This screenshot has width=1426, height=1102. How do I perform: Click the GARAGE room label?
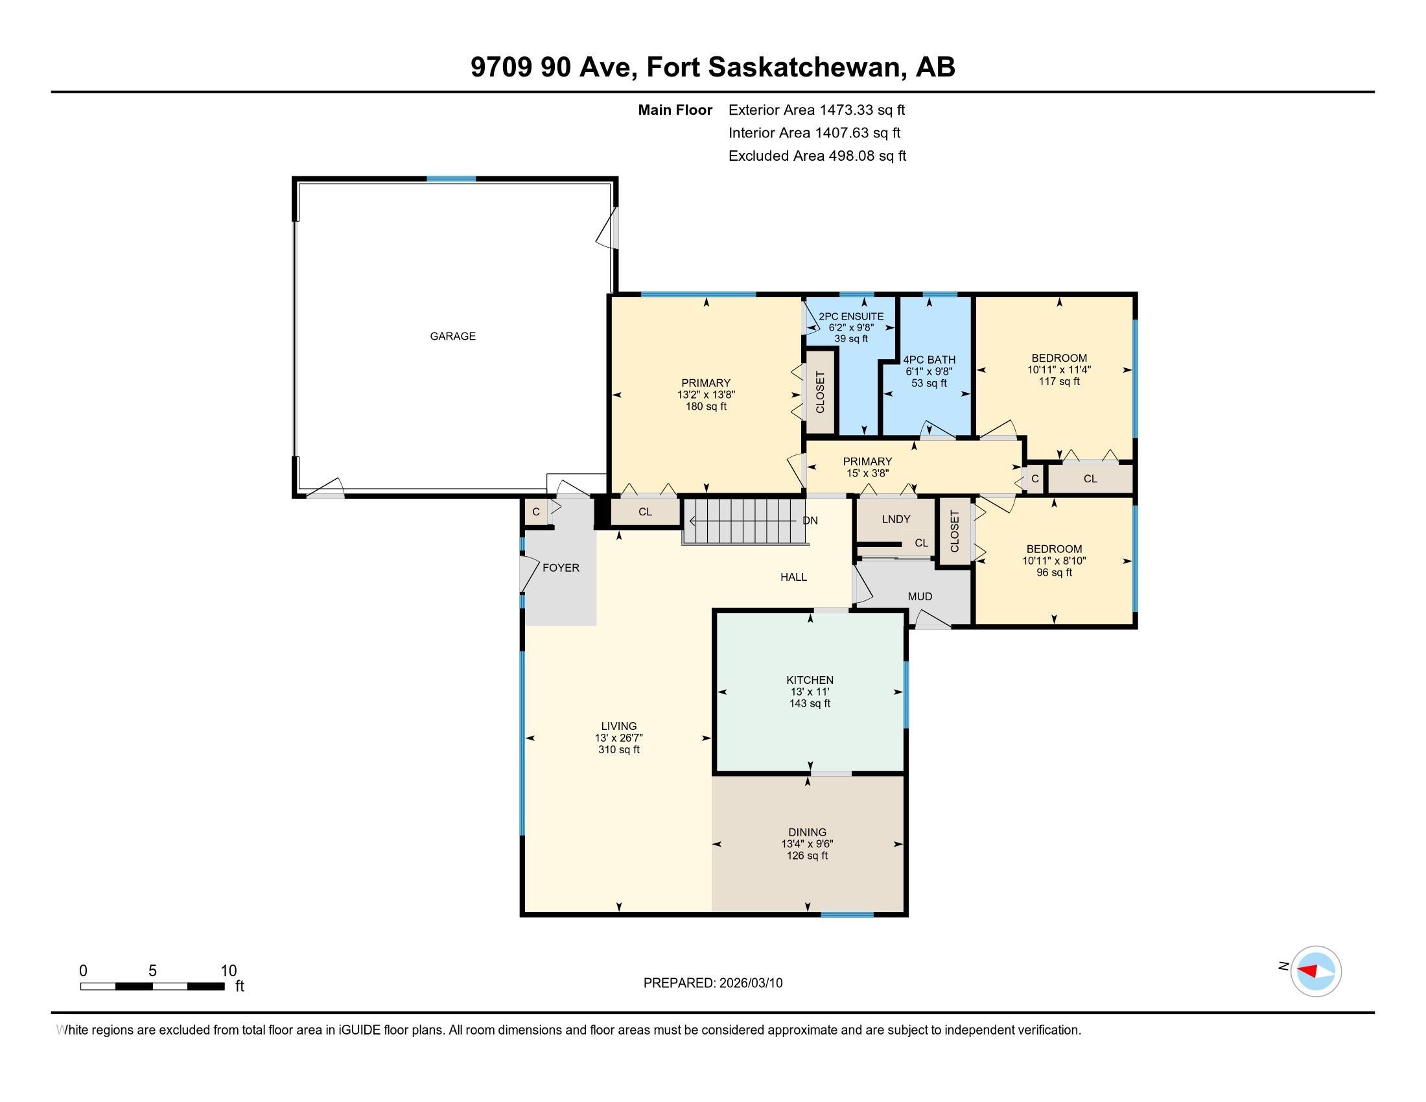pos(452,336)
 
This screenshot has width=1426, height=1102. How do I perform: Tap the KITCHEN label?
pos(810,679)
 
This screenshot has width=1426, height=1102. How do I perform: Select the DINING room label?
pos(808,832)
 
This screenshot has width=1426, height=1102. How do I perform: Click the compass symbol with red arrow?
pos(1316,971)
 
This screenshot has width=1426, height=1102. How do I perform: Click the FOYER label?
pos(561,568)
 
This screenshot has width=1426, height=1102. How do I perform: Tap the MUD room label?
pos(920,596)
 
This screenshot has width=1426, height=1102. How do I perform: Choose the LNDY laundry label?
pos(896,519)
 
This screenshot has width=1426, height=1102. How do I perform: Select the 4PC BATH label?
pos(929,360)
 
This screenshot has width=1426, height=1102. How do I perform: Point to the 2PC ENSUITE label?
pos(852,316)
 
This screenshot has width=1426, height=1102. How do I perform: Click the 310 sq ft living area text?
pos(619,749)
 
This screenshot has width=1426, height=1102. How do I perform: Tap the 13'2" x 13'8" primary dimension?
pos(707,395)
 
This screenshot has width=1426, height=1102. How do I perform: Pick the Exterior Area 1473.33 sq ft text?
pos(817,110)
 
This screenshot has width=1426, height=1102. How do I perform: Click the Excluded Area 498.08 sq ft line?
pos(817,156)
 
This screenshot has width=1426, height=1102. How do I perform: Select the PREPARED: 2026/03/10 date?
pos(713,983)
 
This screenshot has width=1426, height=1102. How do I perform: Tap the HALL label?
pos(793,577)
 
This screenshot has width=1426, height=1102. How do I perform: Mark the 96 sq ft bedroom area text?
pos(1055,572)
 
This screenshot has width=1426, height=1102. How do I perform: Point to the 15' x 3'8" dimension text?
pos(868,473)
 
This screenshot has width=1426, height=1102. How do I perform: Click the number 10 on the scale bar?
pos(229,971)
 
